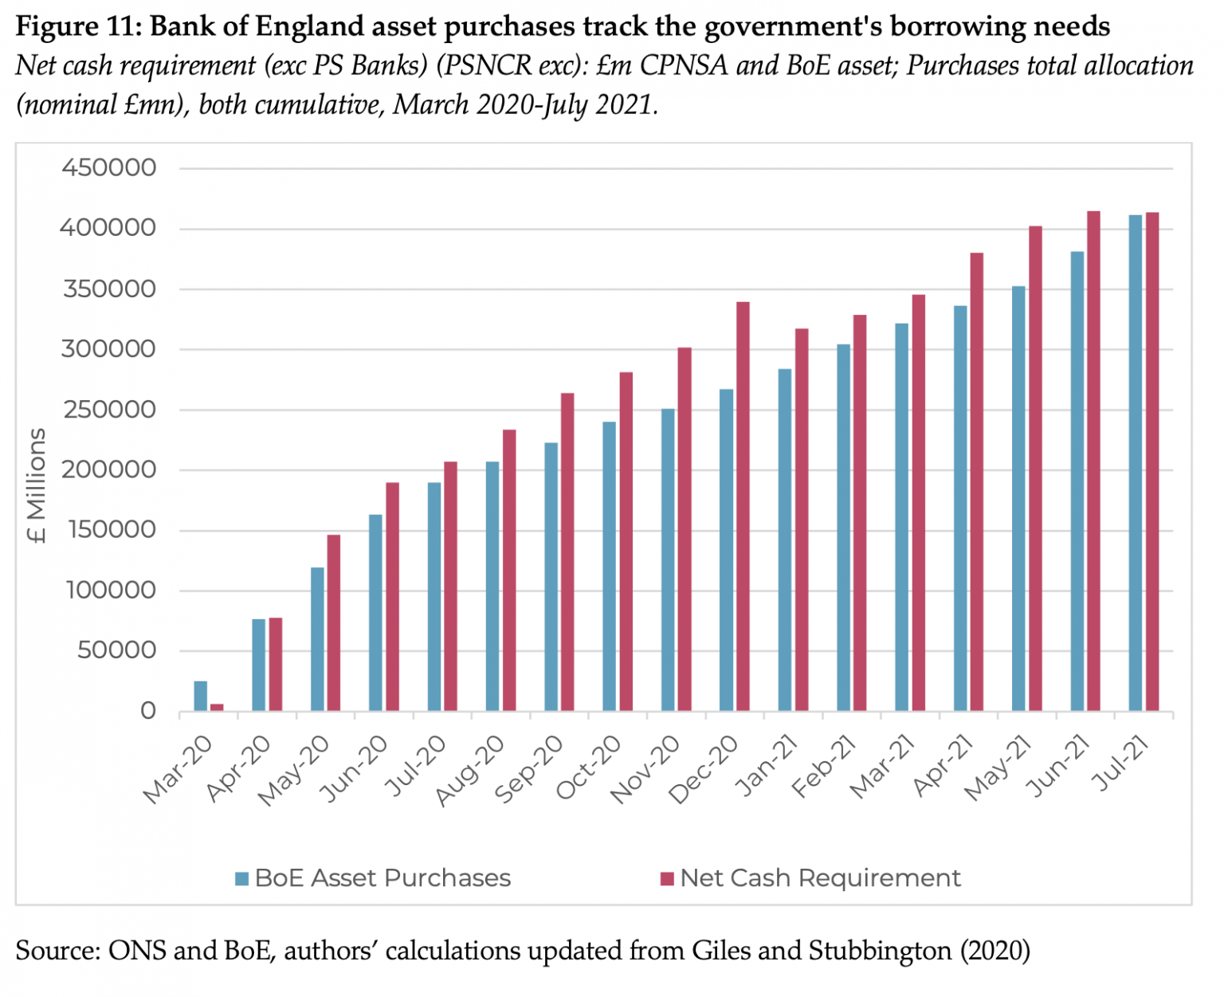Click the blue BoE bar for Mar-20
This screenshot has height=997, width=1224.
(x=200, y=696)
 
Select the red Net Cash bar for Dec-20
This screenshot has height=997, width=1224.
(x=743, y=506)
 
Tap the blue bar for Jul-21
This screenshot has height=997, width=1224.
(x=1135, y=462)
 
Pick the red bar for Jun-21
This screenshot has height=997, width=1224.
(x=1093, y=461)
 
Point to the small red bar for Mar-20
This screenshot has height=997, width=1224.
(x=217, y=708)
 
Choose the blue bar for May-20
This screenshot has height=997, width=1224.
(x=317, y=638)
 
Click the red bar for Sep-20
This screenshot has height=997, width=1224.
(x=567, y=551)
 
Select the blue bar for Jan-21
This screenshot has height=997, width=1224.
(x=785, y=540)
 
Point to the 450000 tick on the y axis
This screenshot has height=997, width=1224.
(x=109, y=168)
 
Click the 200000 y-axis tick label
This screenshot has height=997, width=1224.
(x=109, y=469)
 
